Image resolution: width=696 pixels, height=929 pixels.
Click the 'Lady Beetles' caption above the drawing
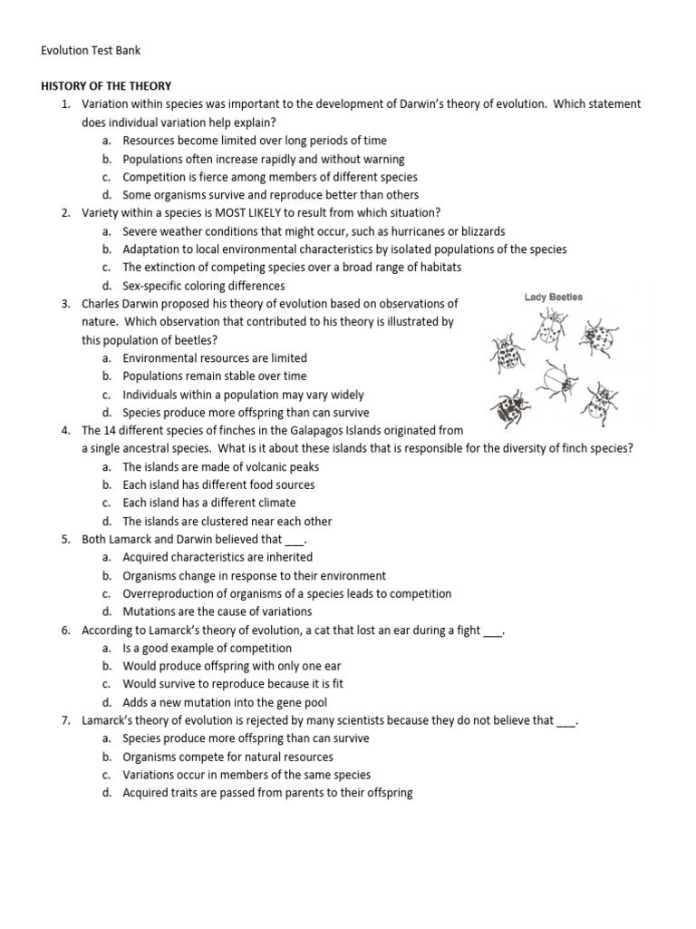pos(553,297)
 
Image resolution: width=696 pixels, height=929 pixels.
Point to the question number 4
pos(66,431)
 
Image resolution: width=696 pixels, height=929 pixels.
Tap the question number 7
pos(66,720)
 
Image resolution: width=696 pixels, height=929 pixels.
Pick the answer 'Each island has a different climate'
pos(209,503)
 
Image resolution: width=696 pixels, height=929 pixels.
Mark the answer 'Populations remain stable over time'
pos(215,376)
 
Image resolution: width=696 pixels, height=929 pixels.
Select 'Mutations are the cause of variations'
pos(217,611)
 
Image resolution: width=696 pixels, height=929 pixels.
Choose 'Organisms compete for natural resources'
pos(228,757)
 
